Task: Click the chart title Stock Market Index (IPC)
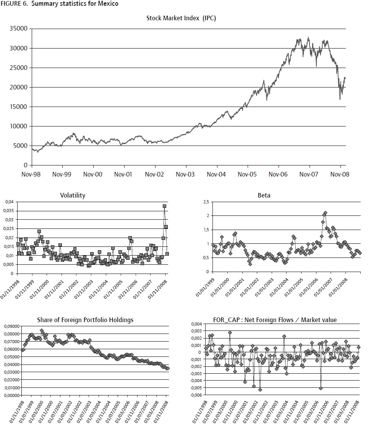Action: (x=181, y=18)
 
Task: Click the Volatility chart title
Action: (x=73, y=195)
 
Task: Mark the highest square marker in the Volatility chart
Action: (x=164, y=206)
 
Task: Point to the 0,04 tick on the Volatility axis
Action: (x=8, y=202)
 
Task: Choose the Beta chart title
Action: (x=264, y=195)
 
